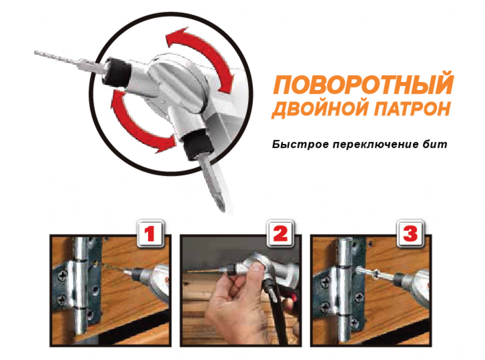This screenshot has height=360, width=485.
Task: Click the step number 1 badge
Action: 150,234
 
